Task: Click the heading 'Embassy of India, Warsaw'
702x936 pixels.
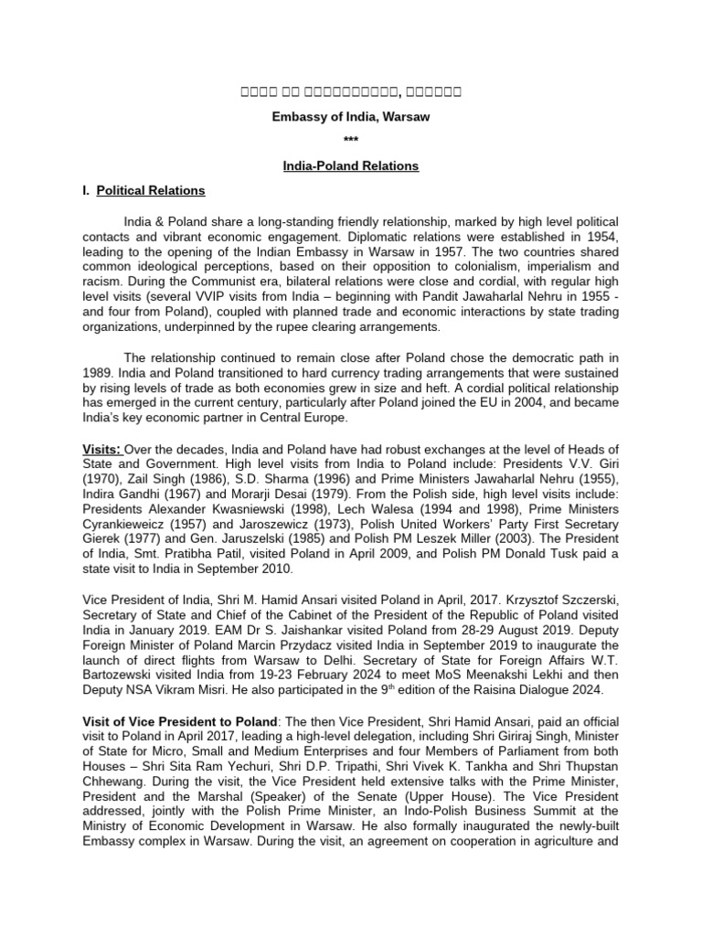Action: click(x=351, y=116)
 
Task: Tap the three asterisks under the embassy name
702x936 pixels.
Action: click(x=351, y=141)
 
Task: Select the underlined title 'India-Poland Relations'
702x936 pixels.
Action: click(x=351, y=166)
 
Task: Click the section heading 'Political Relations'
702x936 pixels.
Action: click(x=151, y=191)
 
